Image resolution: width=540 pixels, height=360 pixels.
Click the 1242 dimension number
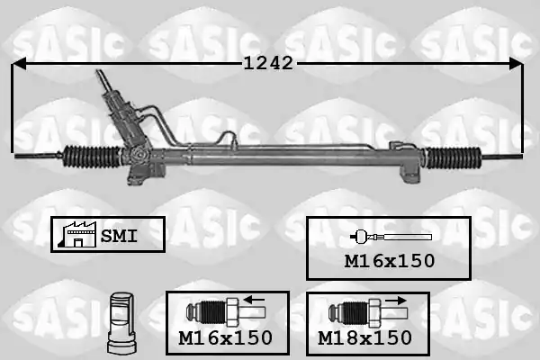tap(268, 63)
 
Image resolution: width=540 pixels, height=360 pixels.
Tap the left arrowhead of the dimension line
tap(19, 64)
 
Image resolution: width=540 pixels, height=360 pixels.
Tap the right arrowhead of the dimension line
tap(517, 64)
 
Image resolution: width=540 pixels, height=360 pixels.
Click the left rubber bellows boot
tap(93, 157)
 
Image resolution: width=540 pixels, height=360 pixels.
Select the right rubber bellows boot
tap(454, 157)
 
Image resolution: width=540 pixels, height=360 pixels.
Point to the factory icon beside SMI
tap(78, 234)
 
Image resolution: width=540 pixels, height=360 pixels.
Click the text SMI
tap(119, 237)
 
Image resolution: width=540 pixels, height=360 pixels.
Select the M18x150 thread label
tap(364, 338)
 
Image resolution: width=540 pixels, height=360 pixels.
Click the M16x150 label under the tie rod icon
tap(390, 261)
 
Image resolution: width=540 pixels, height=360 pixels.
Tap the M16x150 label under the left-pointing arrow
tap(226, 338)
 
